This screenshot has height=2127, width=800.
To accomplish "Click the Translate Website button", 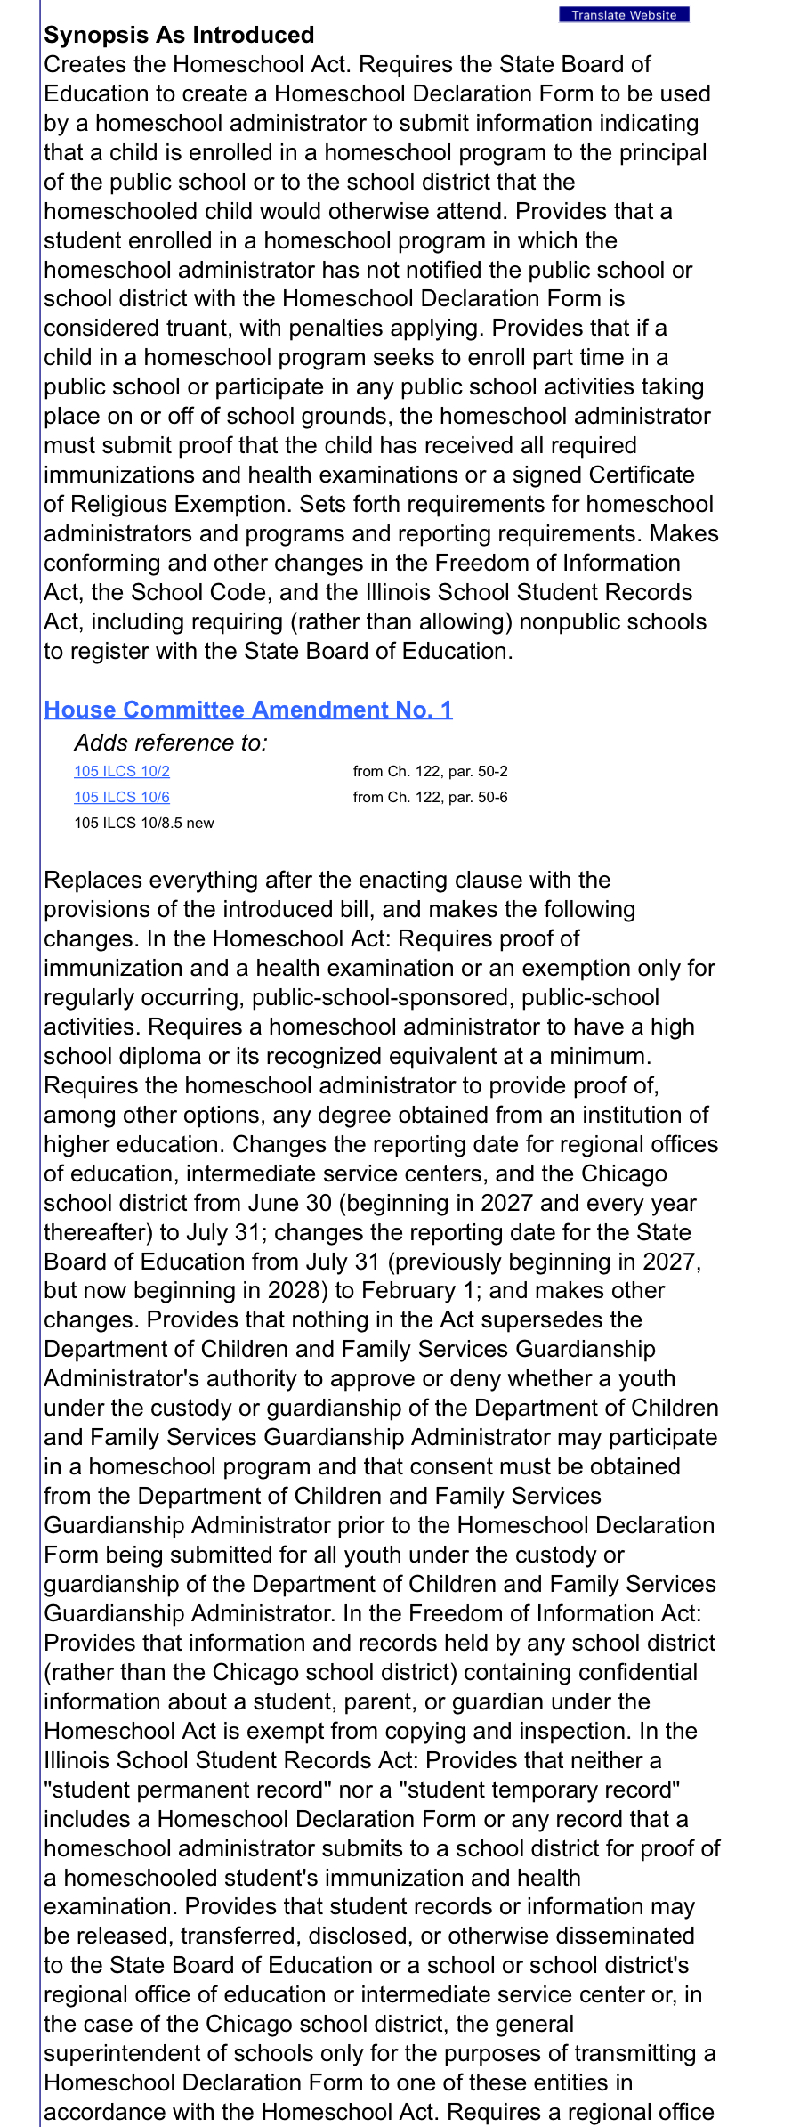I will pos(624,15).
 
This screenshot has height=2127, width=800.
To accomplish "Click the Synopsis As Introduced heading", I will pos(179,35).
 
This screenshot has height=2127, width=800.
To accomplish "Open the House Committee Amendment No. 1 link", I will pos(248,710).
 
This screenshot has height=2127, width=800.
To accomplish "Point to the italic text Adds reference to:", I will pos(171,743).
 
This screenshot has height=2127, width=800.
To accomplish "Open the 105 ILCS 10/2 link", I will pos(122,772).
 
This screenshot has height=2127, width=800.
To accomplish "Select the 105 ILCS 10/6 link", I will pos(122,798).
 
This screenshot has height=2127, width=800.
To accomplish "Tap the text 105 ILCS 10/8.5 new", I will pos(144,824).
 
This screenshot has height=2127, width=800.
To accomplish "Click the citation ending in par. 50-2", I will pos(430,772).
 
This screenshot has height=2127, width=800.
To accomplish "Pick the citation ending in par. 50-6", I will pos(430,798).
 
